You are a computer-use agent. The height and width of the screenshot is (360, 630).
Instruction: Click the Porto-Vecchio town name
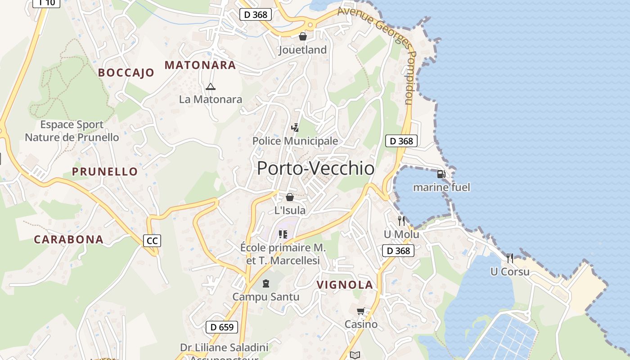(315, 168)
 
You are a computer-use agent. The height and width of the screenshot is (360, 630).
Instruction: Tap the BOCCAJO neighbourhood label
(126, 72)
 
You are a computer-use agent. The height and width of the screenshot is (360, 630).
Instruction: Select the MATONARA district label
(200, 65)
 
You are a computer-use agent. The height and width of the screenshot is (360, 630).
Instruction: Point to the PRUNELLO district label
(105, 171)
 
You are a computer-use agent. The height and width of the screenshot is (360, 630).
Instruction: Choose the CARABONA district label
(69, 239)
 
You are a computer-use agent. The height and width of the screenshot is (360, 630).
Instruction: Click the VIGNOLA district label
(345, 284)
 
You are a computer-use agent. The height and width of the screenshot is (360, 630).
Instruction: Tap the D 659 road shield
(222, 327)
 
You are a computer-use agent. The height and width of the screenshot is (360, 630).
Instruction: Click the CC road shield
(152, 241)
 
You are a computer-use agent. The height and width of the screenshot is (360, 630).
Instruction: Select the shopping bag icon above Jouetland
(303, 36)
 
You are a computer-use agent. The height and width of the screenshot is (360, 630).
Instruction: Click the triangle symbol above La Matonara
(210, 86)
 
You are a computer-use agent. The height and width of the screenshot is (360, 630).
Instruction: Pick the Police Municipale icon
(295, 128)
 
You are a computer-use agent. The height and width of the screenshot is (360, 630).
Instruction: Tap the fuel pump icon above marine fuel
(441, 174)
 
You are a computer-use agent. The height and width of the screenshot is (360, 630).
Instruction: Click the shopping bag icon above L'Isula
(290, 197)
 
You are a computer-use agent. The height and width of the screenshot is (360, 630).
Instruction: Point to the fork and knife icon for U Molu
(401, 221)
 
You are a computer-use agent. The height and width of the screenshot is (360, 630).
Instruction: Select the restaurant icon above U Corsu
(510, 258)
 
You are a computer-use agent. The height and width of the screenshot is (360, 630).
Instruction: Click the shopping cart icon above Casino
(361, 311)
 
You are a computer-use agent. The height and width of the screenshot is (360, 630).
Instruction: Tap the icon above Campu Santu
(266, 283)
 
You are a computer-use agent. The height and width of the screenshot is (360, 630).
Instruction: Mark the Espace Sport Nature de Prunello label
(72, 131)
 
